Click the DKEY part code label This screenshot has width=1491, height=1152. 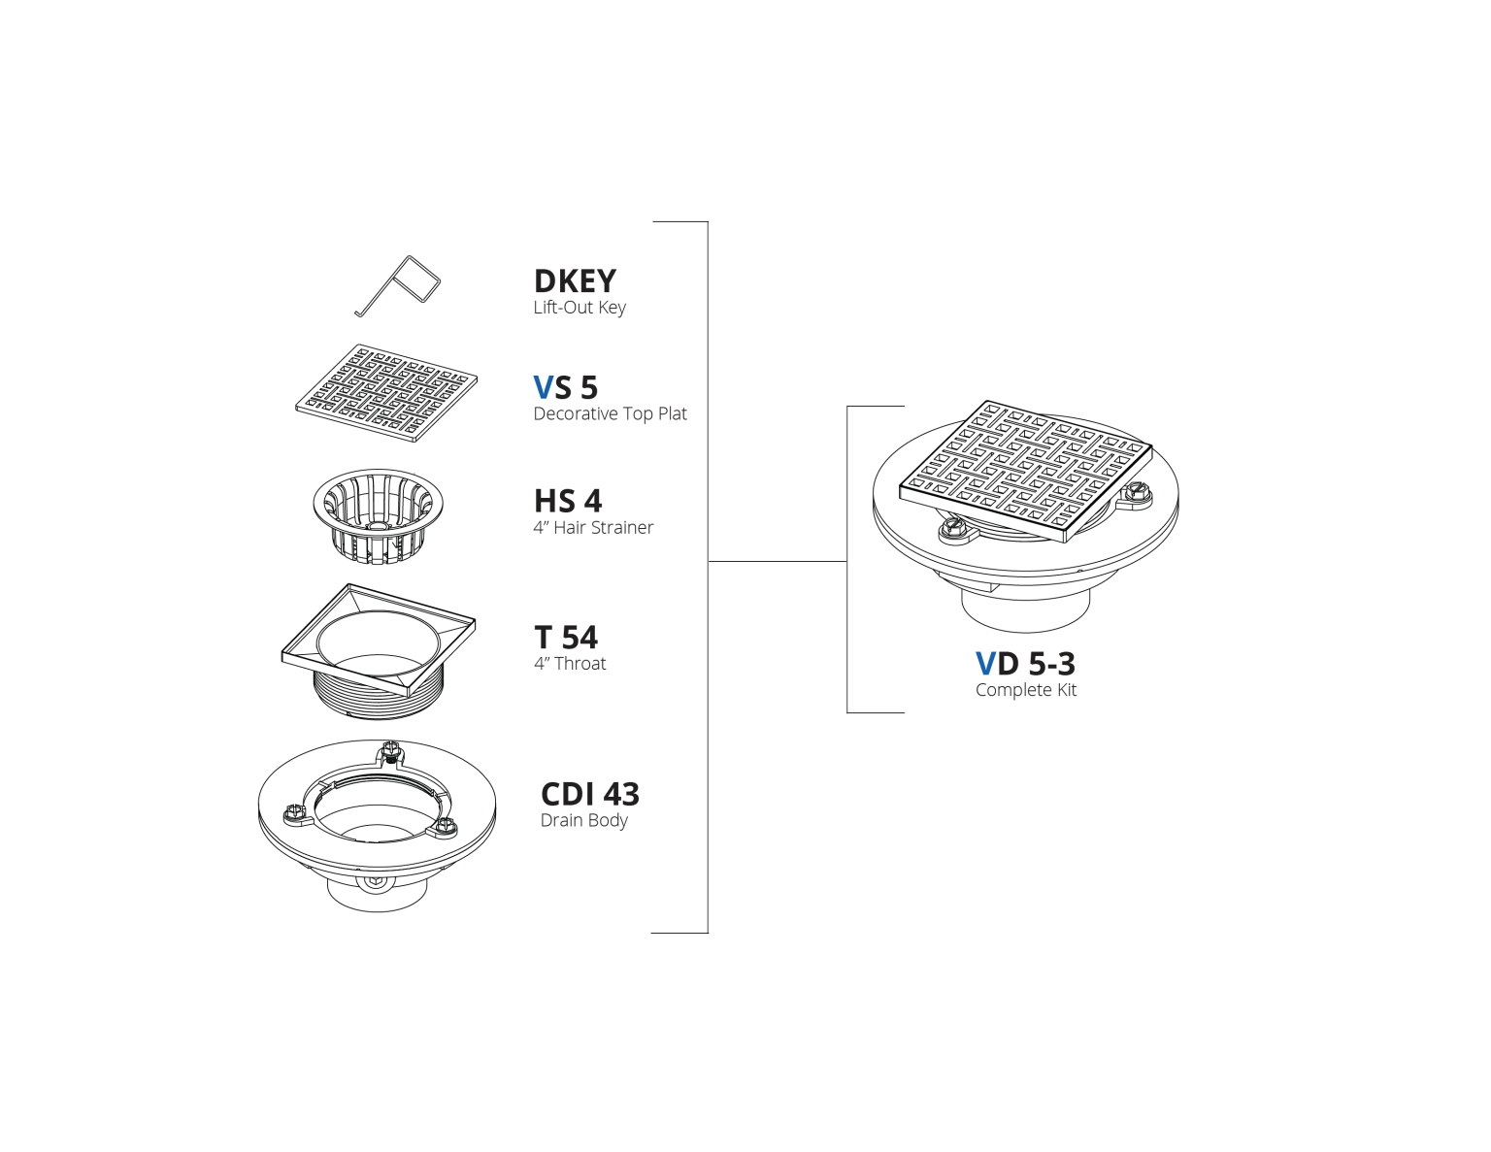click(x=575, y=281)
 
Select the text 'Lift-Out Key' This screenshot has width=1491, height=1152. click(x=580, y=308)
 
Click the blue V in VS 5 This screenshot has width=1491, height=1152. click(x=544, y=387)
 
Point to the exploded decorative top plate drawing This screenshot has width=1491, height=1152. click(x=386, y=393)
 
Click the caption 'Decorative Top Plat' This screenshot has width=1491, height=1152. click(x=610, y=413)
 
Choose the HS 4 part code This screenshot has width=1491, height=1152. click(x=568, y=501)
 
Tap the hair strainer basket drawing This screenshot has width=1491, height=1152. click(x=378, y=515)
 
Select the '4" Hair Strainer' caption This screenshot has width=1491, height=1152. click(x=593, y=527)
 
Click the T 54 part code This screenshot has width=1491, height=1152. click(x=566, y=637)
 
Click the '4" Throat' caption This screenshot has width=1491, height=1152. click(x=570, y=663)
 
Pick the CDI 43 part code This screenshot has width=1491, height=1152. click(x=590, y=794)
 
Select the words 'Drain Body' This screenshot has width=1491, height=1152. click(x=584, y=820)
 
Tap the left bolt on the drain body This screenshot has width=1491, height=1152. click(x=292, y=814)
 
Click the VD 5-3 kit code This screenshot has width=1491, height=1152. click(x=1025, y=663)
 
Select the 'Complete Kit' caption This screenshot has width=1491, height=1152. click(x=1026, y=690)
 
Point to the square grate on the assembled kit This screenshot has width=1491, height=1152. click(x=1026, y=471)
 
